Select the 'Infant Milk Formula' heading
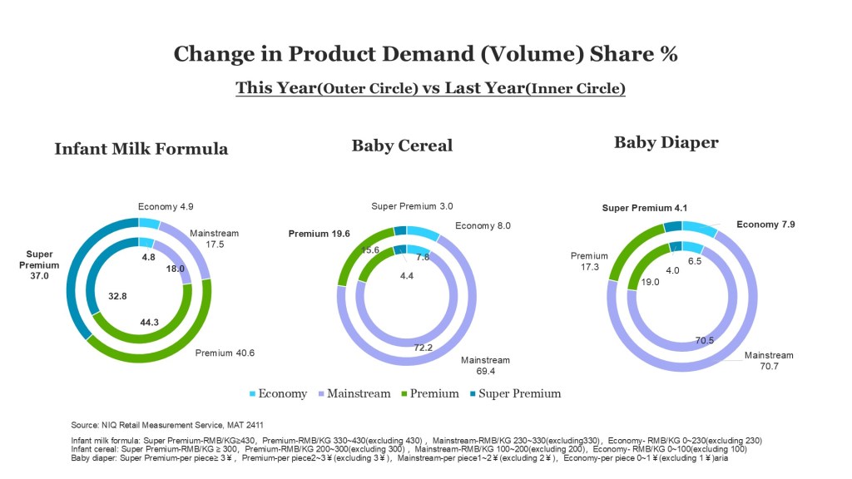pyautogui.click(x=141, y=150)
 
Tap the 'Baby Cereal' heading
pyautogui.click(x=402, y=146)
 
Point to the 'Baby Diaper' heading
pyautogui.click(x=666, y=142)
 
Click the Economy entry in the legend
pyautogui.click(x=279, y=393)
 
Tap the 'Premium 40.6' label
pyautogui.click(x=225, y=353)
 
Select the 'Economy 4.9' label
pyautogui.click(x=166, y=207)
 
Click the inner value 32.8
pyautogui.click(x=117, y=294)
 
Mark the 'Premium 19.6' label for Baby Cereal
pyautogui.click(x=318, y=234)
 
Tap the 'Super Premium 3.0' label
pyautogui.click(x=412, y=206)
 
